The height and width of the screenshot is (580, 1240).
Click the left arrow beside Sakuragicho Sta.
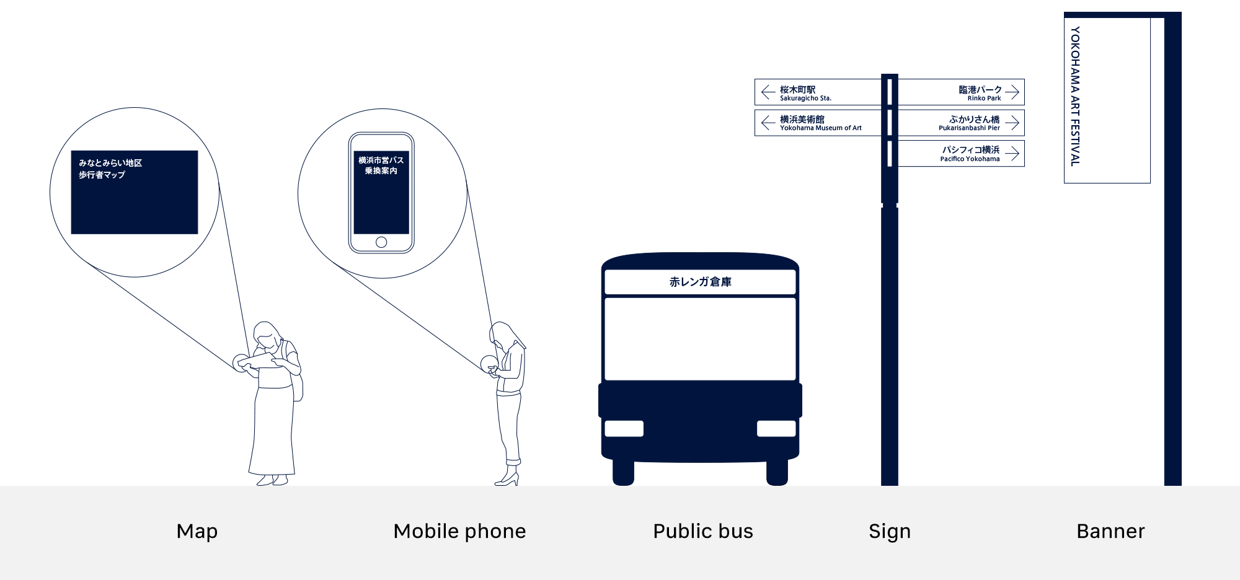point(768,92)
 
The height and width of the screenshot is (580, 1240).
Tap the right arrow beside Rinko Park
point(1012,92)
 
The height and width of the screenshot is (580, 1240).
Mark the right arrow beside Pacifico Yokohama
point(1012,153)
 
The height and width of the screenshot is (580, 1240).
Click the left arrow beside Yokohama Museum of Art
point(768,123)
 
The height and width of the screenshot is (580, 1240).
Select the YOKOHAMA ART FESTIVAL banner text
point(1075,96)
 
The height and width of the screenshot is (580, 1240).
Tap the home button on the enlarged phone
point(381,242)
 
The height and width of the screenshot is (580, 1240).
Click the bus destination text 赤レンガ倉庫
point(700,282)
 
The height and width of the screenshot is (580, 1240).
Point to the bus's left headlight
point(624,429)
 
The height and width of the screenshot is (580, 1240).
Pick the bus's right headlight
point(776,429)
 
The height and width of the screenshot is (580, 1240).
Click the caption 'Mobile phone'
point(459,532)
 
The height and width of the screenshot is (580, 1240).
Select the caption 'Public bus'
point(703,532)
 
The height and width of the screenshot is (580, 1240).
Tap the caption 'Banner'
point(1110,532)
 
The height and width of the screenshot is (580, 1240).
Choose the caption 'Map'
point(197,532)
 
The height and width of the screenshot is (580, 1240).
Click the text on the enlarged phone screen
point(381,165)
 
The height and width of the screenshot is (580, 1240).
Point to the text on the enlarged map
point(110,169)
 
